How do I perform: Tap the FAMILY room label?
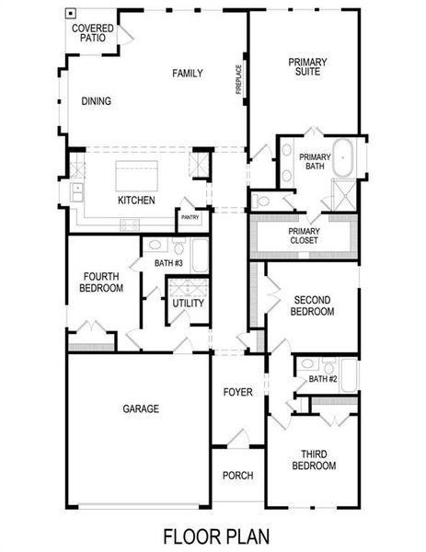tap(187, 74)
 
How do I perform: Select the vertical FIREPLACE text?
tap(238, 79)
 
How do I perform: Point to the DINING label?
tap(97, 101)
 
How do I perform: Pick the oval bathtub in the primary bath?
tap(343, 158)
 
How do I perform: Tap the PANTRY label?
tap(190, 218)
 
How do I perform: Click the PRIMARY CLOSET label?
tap(304, 236)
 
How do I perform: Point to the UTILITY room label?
tap(188, 304)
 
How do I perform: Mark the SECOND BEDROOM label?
tap(313, 305)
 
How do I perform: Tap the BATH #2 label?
tap(323, 379)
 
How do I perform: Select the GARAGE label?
tap(141, 408)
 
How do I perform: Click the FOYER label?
tap(237, 393)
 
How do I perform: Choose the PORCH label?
tap(237, 476)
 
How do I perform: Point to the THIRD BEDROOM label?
tap(313, 460)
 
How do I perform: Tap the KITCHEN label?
tap(136, 201)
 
